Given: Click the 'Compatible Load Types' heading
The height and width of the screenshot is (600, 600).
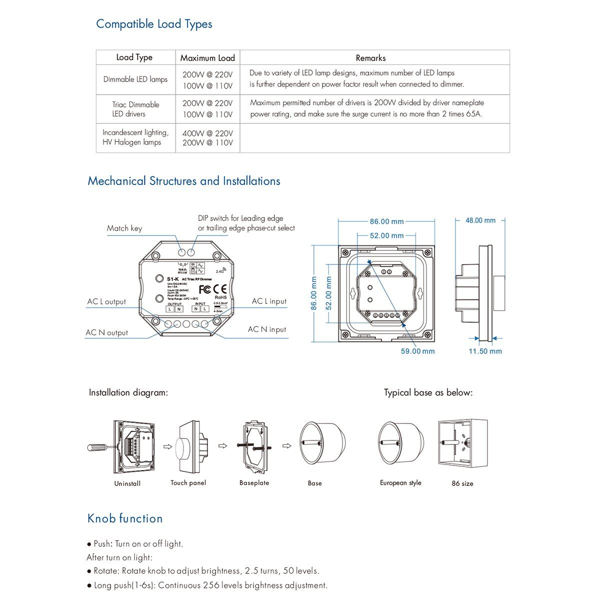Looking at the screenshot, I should [154, 24].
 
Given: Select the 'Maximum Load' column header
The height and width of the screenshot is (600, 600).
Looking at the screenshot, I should [207, 57].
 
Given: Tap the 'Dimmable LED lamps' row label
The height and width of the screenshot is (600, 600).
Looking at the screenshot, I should [135, 79].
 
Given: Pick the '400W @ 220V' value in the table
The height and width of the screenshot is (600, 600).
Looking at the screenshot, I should [207, 133].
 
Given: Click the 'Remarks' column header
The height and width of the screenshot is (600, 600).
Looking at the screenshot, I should [370, 58].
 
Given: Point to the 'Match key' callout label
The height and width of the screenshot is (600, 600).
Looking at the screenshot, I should [124, 228].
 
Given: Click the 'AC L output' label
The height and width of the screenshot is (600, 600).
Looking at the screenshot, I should [106, 301].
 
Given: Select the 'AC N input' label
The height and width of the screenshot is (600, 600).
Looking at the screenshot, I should [267, 329].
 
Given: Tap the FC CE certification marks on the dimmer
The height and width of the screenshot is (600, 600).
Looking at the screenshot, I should [212, 289].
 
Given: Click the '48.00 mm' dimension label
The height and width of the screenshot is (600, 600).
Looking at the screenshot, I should [480, 220].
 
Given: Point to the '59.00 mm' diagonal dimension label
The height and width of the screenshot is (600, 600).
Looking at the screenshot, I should [417, 351].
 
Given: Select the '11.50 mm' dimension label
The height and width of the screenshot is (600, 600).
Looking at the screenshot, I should [485, 351].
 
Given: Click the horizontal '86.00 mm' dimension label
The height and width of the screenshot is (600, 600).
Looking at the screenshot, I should [386, 221].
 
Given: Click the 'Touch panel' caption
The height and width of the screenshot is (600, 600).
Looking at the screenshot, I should [188, 482].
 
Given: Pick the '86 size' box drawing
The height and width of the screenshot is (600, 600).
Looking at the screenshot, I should [462, 444].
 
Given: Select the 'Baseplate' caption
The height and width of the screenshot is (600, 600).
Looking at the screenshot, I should [254, 483].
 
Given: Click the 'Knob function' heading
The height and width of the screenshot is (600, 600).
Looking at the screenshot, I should [125, 518].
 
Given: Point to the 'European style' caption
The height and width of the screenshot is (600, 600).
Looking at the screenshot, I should [400, 483].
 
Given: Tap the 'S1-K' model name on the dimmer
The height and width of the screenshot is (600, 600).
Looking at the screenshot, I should [173, 278].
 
